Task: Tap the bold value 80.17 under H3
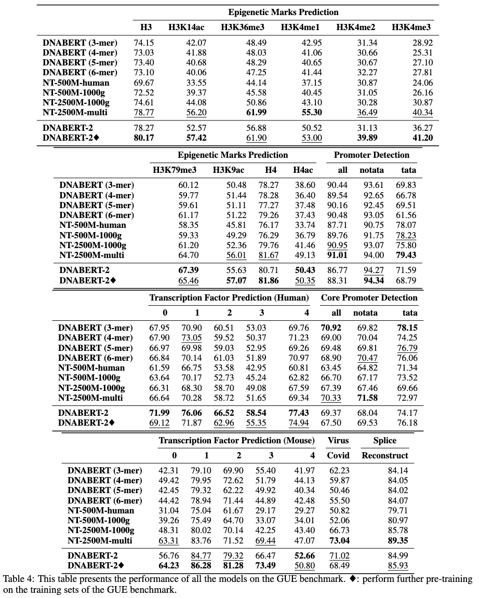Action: (143, 139)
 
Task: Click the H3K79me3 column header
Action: (174, 170)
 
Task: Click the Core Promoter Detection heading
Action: (369, 297)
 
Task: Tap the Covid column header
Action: (338, 455)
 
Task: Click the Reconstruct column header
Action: (384, 455)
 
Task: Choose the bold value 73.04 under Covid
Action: (338, 540)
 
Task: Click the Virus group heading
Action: (338, 440)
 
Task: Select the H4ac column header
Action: (303, 170)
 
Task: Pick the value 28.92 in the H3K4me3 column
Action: (422, 43)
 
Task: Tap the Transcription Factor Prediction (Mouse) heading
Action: (236, 440)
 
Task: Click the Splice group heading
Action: (384, 440)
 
